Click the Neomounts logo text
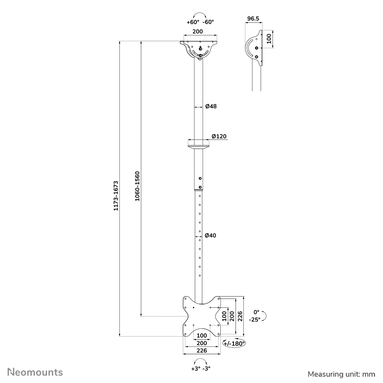pos(35,372)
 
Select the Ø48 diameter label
pos(211,106)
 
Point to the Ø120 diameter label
pos(219,136)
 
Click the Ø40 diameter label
pos(211,235)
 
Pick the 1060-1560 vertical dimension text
pos(138,187)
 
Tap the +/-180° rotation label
pos(234,343)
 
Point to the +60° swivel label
pos(192,22)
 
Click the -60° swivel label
pos(209,22)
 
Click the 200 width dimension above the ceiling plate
pos(198,31)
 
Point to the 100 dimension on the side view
pos(269,39)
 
